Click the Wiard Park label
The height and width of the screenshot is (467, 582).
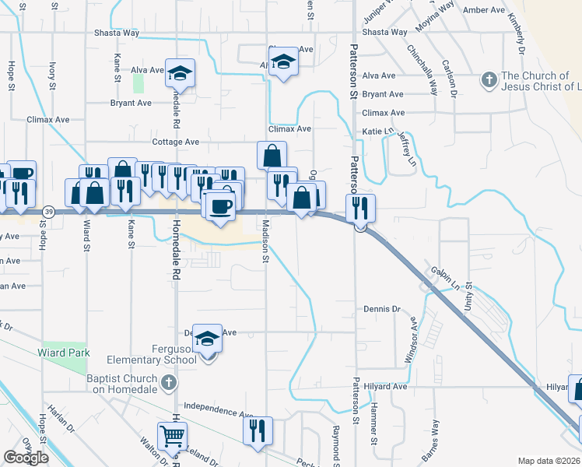(x=64, y=353)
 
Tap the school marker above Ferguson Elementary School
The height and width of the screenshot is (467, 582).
(x=207, y=339)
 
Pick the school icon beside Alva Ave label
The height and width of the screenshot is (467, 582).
(x=181, y=74)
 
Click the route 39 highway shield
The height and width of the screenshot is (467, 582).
(x=49, y=212)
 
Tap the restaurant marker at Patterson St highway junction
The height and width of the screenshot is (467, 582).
(x=360, y=208)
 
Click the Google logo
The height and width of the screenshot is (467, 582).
(x=26, y=458)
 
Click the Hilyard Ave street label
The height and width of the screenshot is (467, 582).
(x=389, y=386)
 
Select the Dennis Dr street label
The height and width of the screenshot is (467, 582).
(x=381, y=309)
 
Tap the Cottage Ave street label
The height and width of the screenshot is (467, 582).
(x=176, y=142)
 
